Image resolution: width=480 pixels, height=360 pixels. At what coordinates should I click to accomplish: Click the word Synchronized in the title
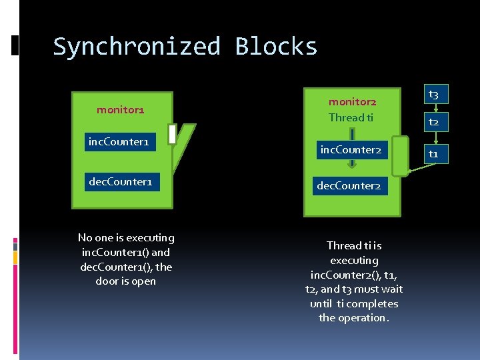(137, 47)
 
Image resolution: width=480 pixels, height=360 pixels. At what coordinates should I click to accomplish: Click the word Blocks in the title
(276, 47)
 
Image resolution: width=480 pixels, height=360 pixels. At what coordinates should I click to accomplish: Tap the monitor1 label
(120, 109)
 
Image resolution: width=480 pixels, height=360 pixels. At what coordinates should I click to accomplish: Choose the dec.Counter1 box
(122, 181)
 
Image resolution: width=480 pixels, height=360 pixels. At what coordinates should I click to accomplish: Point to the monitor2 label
(352, 102)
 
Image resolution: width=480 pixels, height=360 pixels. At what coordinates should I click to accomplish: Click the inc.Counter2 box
(351, 150)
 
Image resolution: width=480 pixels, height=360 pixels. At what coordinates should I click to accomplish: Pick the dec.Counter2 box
(349, 186)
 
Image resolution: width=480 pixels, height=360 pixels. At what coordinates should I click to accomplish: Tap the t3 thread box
(433, 95)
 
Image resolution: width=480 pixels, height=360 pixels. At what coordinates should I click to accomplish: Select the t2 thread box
(433, 123)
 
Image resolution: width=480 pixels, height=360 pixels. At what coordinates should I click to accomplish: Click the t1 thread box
(433, 154)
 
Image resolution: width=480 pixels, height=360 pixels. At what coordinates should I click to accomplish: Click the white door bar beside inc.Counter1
(172, 135)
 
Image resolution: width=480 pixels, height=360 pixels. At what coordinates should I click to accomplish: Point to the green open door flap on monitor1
(185, 147)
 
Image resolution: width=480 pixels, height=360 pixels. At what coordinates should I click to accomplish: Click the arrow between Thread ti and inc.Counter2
(351, 133)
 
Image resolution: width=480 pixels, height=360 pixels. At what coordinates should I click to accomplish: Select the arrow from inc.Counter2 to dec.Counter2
(351, 168)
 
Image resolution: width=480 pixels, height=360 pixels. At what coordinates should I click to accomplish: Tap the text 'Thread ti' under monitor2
(351, 117)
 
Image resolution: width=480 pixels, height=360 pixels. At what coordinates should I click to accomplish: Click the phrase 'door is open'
(126, 281)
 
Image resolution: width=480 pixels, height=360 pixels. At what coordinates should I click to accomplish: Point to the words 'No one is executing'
(126, 238)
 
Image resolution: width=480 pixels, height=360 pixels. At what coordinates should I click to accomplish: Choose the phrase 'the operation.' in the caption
(353, 318)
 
